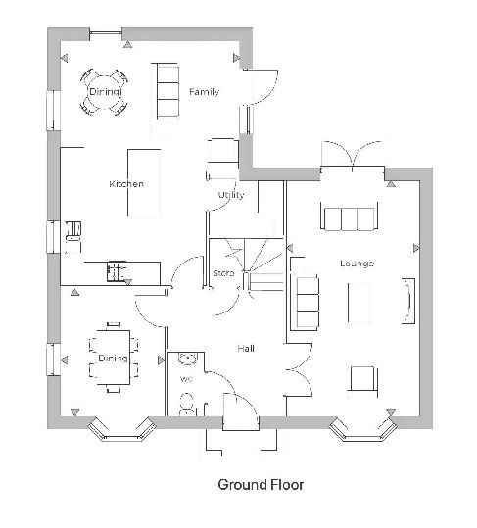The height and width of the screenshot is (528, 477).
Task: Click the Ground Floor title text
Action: [x=261, y=485]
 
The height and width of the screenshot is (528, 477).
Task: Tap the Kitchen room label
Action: [x=126, y=184]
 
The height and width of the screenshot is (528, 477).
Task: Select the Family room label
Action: [x=204, y=92]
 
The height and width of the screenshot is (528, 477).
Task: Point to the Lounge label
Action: [x=357, y=263]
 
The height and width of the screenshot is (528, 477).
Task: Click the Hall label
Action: [x=246, y=348]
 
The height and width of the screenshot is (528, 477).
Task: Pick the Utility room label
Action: [x=231, y=195]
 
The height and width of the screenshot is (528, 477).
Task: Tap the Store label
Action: [x=223, y=273]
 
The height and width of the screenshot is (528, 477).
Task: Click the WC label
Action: [x=186, y=379]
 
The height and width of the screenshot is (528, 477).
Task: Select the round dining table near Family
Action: [x=105, y=92]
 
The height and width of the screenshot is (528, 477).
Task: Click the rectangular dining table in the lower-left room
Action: [x=114, y=358]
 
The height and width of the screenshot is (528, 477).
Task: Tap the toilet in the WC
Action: [x=186, y=404]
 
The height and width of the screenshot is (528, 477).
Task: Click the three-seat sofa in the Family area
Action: [x=167, y=91]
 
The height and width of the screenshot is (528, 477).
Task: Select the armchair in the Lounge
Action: [x=362, y=379]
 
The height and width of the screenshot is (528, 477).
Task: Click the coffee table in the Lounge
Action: [x=359, y=303]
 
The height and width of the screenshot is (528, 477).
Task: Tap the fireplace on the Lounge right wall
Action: [x=408, y=301]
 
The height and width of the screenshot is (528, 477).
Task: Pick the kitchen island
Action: [x=144, y=183]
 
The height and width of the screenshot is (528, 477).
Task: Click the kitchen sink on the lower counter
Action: [x=117, y=270]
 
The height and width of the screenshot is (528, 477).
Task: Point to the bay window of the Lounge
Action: [x=362, y=430]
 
